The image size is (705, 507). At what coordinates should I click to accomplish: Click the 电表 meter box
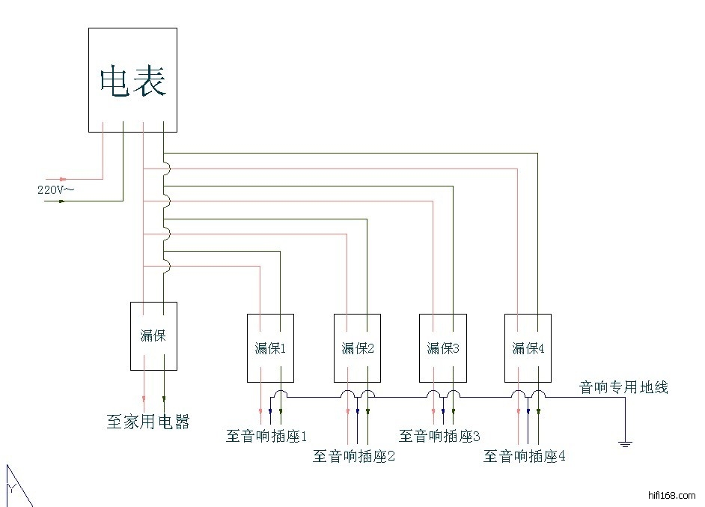[x=132, y=80]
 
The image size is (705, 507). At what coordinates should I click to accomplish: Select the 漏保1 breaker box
[x=270, y=347]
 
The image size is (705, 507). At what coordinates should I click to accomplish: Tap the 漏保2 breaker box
[x=357, y=347]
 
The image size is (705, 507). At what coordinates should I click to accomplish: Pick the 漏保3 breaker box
[x=442, y=347]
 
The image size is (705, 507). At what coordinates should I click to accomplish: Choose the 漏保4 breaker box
[x=528, y=347]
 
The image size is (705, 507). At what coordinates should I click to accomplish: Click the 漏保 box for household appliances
[x=153, y=336]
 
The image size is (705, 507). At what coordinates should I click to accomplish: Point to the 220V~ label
[x=55, y=190]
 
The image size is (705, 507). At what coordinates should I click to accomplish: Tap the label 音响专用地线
[x=623, y=387]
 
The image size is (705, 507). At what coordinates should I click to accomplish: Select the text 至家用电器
[x=148, y=422]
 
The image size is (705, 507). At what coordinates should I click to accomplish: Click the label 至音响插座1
[x=267, y=436]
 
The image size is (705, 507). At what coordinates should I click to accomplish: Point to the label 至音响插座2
[x=353, y=456]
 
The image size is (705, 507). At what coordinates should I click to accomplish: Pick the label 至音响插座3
[x=439, y=436]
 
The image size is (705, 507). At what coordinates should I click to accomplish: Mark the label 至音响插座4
[x=525, y=456]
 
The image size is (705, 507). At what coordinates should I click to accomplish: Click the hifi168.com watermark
[x=670, y=496]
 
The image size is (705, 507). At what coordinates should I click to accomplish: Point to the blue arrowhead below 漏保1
[x=270, y=410]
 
